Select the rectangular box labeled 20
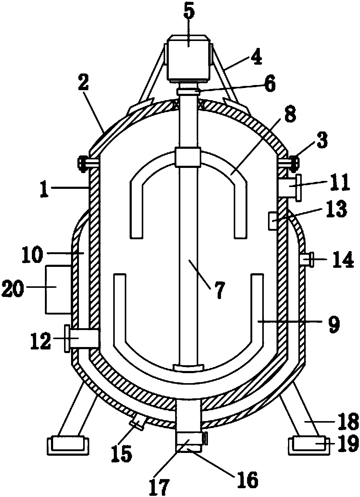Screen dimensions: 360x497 pyautogui.click(x=58, y=290)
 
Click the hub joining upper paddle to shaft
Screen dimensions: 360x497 pyautogui.click(x=188, y=158)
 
